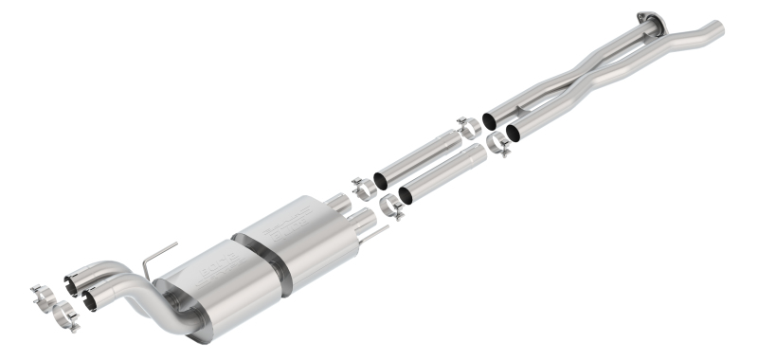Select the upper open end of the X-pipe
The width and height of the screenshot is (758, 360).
point(491,120)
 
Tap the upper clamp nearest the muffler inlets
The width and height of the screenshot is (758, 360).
point(363,188)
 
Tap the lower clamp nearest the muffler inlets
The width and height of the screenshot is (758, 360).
point(391,207)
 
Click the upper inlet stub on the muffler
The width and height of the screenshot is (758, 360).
point(338,204)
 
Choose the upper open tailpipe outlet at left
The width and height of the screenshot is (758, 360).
point(71,280)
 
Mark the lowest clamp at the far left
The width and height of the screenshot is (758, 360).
point(64,315)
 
